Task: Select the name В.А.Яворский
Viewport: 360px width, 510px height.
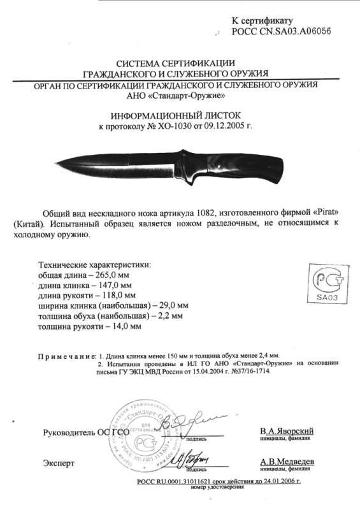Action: [286, 432]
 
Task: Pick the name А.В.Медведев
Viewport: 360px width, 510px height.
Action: [286, 462]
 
